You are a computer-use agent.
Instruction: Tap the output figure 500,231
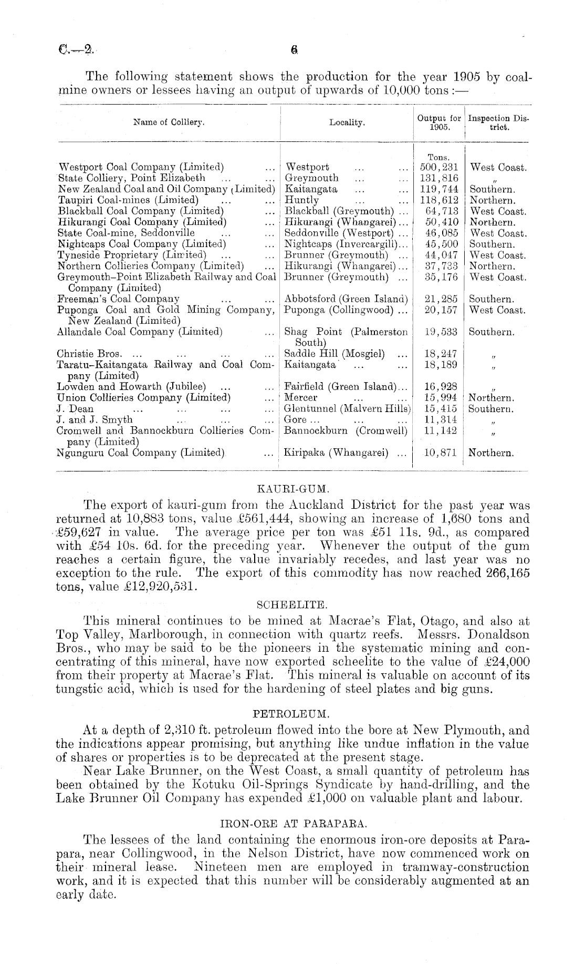point(441,168)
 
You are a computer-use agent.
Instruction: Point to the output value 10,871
point(440,453)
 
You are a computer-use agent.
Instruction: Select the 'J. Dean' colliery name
point(75,408)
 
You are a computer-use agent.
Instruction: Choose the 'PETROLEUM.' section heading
point(292,714)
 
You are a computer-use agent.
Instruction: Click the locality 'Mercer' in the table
point(301,397)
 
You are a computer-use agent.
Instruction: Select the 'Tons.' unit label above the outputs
point(439,157)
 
